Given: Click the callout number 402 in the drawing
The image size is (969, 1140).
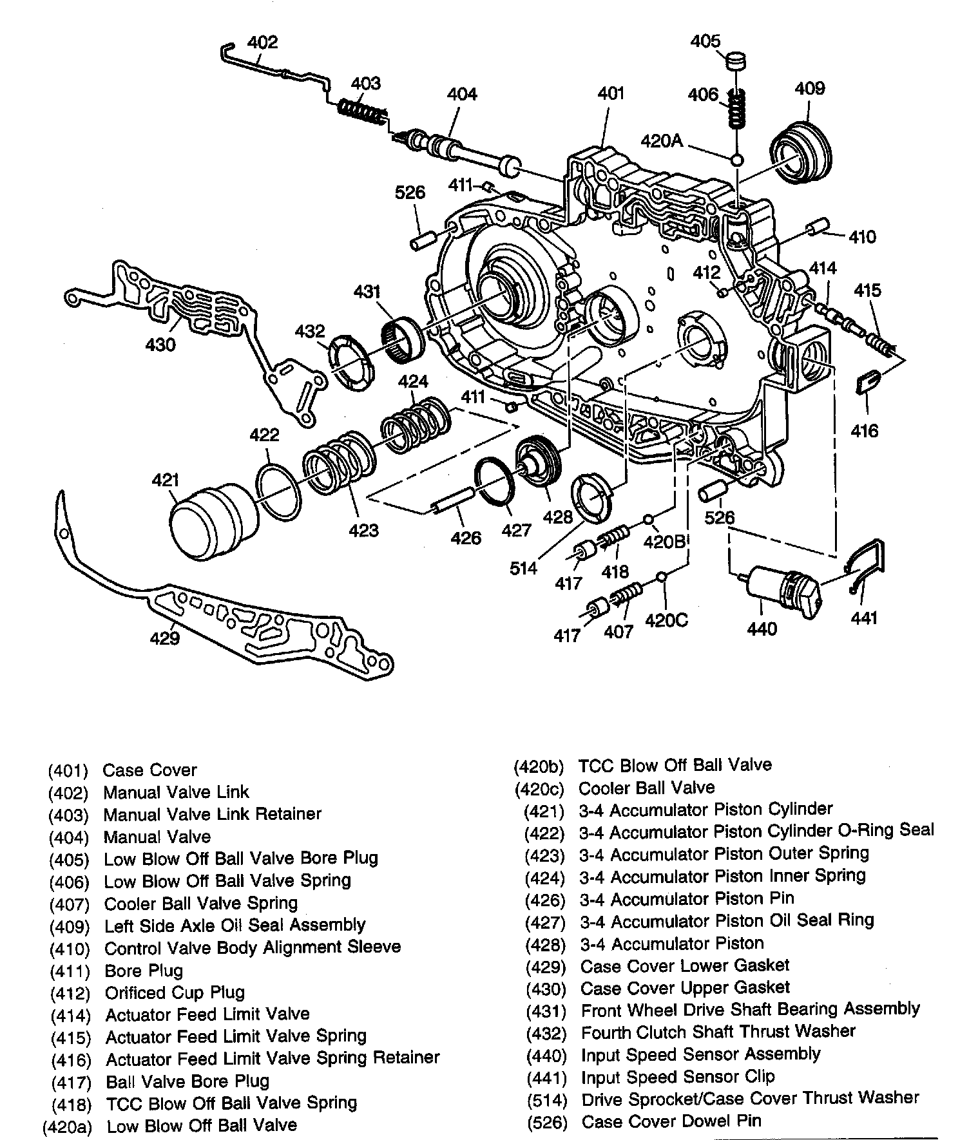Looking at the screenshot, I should pos(262,43).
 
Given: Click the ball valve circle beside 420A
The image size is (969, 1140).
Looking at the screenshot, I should pos(737,159).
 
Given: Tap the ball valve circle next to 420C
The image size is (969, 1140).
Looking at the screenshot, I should pos(661,576).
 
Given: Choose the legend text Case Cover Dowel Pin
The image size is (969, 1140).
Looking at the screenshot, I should pos(671,1121).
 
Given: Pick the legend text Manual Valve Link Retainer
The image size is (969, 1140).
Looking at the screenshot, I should pos(212,814).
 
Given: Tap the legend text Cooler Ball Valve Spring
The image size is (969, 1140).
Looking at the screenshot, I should pos(200,903).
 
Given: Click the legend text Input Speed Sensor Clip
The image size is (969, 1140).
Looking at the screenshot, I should pos(678,1077).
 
